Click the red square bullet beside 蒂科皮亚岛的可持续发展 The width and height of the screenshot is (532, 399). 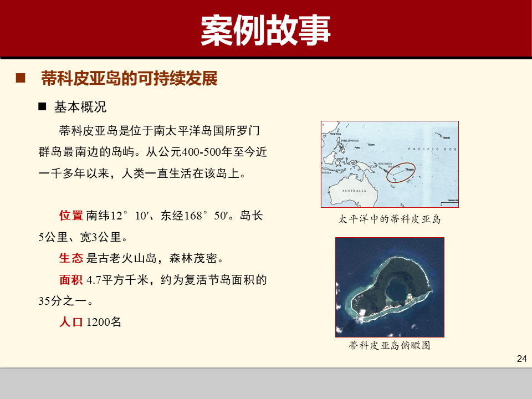click(x=21, y=78)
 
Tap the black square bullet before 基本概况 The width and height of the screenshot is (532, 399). click(x=42, y=106)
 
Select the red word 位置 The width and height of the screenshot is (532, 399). click(x=71, y=216)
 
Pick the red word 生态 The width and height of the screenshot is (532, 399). click(x=71, y=258)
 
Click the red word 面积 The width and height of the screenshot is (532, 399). click(x=71, y=280)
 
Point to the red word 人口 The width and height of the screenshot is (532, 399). click(x=71, y=322)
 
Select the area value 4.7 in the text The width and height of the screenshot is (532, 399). click(x=94, y=280)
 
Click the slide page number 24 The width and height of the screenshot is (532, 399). click(x=521, y=359)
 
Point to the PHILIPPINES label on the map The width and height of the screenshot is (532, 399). click(x=350, y=141)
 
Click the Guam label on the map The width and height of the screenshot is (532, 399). click(x=371, y=145)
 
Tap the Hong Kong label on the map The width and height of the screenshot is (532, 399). click(x=334, y=134)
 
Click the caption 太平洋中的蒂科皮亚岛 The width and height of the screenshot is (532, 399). click(x=390, y=219)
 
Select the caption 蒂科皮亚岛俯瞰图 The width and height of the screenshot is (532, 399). click(x=390, y=346)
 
